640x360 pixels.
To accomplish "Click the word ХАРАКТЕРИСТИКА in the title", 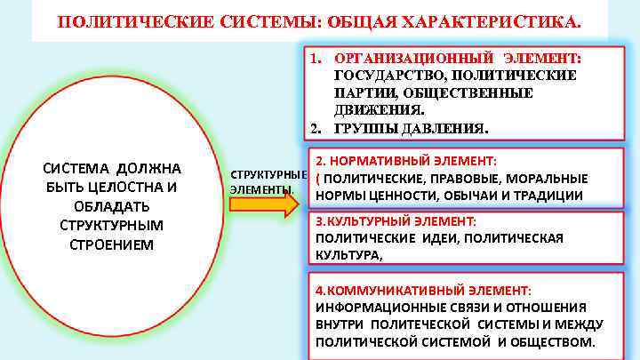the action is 499,20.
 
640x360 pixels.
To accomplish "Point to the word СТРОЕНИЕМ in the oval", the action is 112,243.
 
